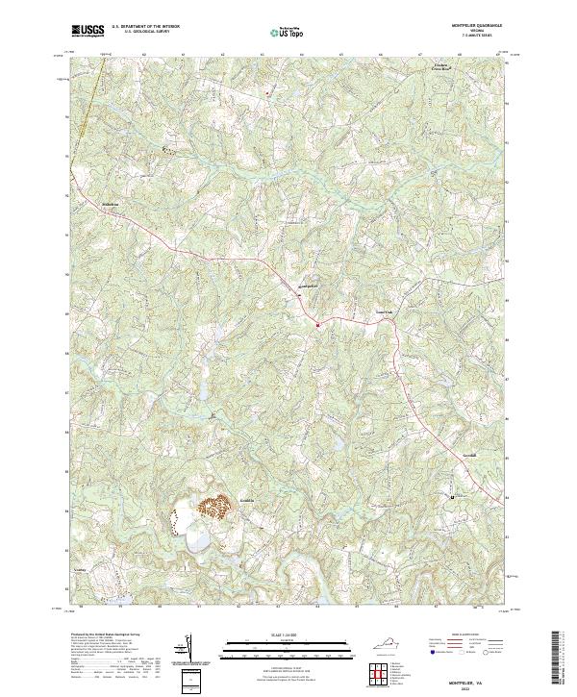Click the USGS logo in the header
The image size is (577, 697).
click(x=87, y=32)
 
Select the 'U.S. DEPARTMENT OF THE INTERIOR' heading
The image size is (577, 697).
click(x=145, y=28)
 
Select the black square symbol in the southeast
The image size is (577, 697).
click(x=451, y=496)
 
